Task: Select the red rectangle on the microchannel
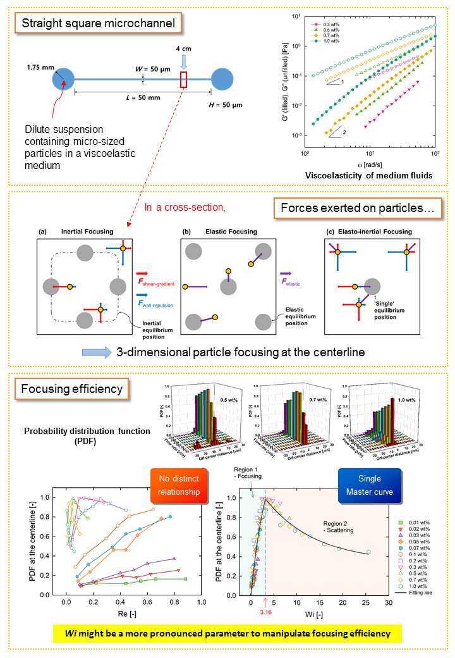click(184, 80)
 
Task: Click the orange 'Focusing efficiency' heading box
click(71, 388)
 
